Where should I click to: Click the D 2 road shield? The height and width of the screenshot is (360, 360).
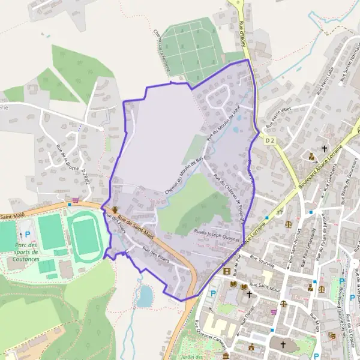coord(269,140)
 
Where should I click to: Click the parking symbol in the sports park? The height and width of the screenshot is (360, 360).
coord(26,235)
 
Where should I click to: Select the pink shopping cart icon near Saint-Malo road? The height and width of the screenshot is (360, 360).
coord(75,200)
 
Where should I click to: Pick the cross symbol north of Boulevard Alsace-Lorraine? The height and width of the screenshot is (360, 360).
coord(325,148)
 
